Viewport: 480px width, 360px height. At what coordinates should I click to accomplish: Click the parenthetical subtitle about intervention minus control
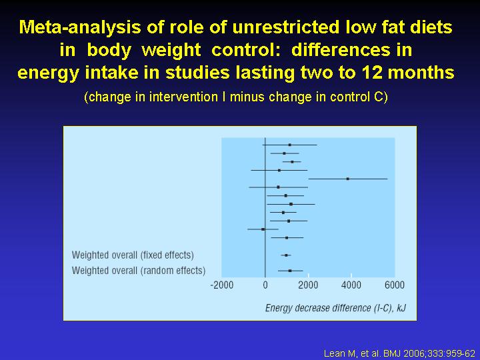[x=236, y=97]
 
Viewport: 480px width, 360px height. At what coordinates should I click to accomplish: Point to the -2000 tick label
[x=222, y=285]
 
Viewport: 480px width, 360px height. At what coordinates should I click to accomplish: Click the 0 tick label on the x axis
[x=265, y=285]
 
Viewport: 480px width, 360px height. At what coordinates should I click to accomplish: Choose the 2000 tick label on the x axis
[x=308, y=285]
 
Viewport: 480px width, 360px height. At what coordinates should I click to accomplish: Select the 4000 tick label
[x=351, y=285]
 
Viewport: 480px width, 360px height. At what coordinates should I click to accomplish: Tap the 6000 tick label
[x=394, y=285]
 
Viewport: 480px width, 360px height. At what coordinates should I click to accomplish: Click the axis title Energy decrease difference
[x=335, y=307]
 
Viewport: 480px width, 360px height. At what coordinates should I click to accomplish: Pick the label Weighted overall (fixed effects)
[x=133, y=255]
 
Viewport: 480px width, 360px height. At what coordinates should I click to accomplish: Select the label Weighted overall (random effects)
[x=139, y=270]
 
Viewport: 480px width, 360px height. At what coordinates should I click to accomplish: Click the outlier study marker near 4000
[x=347, y=179]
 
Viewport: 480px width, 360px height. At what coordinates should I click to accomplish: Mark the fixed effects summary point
[x=286, y=255]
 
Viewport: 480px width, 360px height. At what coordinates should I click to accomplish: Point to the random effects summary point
[x=289, y=271]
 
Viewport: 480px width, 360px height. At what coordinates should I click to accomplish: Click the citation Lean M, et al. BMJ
[x=399, y=353]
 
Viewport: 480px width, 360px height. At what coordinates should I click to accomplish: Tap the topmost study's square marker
[x=289, y=145]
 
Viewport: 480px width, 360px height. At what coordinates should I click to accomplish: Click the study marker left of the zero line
[x=263, y=229]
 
